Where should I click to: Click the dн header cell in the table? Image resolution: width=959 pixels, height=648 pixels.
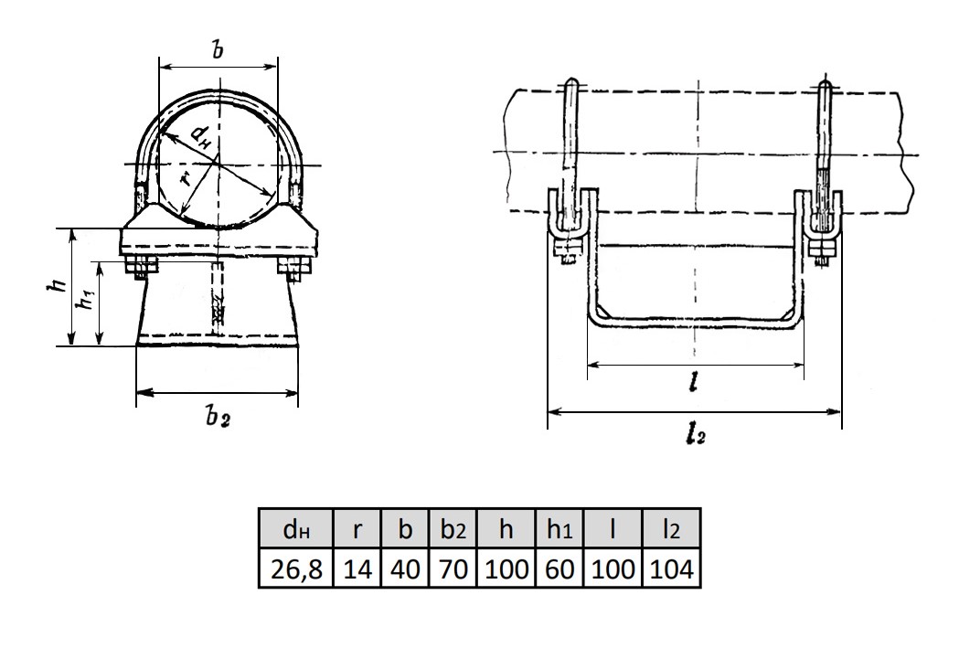click(295, 529)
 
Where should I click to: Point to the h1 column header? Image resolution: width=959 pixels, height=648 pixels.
click(559, 529)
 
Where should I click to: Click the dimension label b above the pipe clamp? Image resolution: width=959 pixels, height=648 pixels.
click(218, 50)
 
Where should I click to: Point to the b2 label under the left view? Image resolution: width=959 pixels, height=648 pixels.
click(217, 418)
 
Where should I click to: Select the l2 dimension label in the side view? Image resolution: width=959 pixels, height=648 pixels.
click(695, 436)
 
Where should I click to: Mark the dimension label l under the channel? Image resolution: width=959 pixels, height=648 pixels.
click(695, 385)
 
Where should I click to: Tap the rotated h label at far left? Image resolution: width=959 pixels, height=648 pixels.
click(58, 287)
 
